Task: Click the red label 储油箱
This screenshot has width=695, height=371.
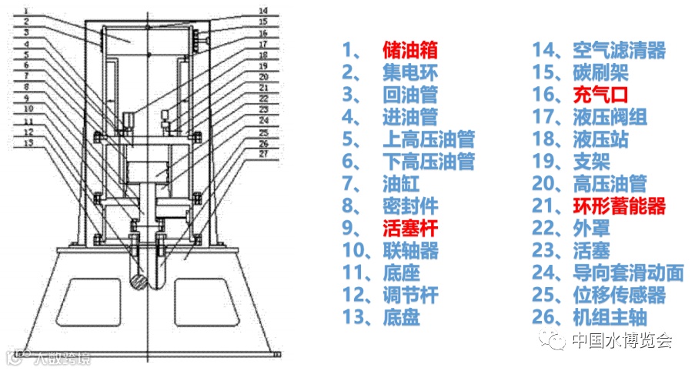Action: coord(410,51)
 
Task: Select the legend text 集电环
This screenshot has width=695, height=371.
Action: coord(410,73)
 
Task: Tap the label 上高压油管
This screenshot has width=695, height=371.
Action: coord(429,139)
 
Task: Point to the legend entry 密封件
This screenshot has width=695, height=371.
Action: coord(410,206)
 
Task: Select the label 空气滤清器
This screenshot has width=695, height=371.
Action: coord(620,51)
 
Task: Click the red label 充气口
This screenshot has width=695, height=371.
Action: coord(601,95)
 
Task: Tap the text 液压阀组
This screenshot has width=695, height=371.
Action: coord(610,118)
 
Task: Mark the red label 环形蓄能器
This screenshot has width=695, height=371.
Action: coord(620,206)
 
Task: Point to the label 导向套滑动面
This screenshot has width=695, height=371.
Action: coord(629,272)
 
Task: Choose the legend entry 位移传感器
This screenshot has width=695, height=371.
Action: coord(620,295)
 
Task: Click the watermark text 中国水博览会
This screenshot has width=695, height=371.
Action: coord(623,339)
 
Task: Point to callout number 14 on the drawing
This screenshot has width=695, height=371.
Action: coord(263,10)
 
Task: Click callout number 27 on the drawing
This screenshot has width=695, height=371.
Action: coord(263,153)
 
